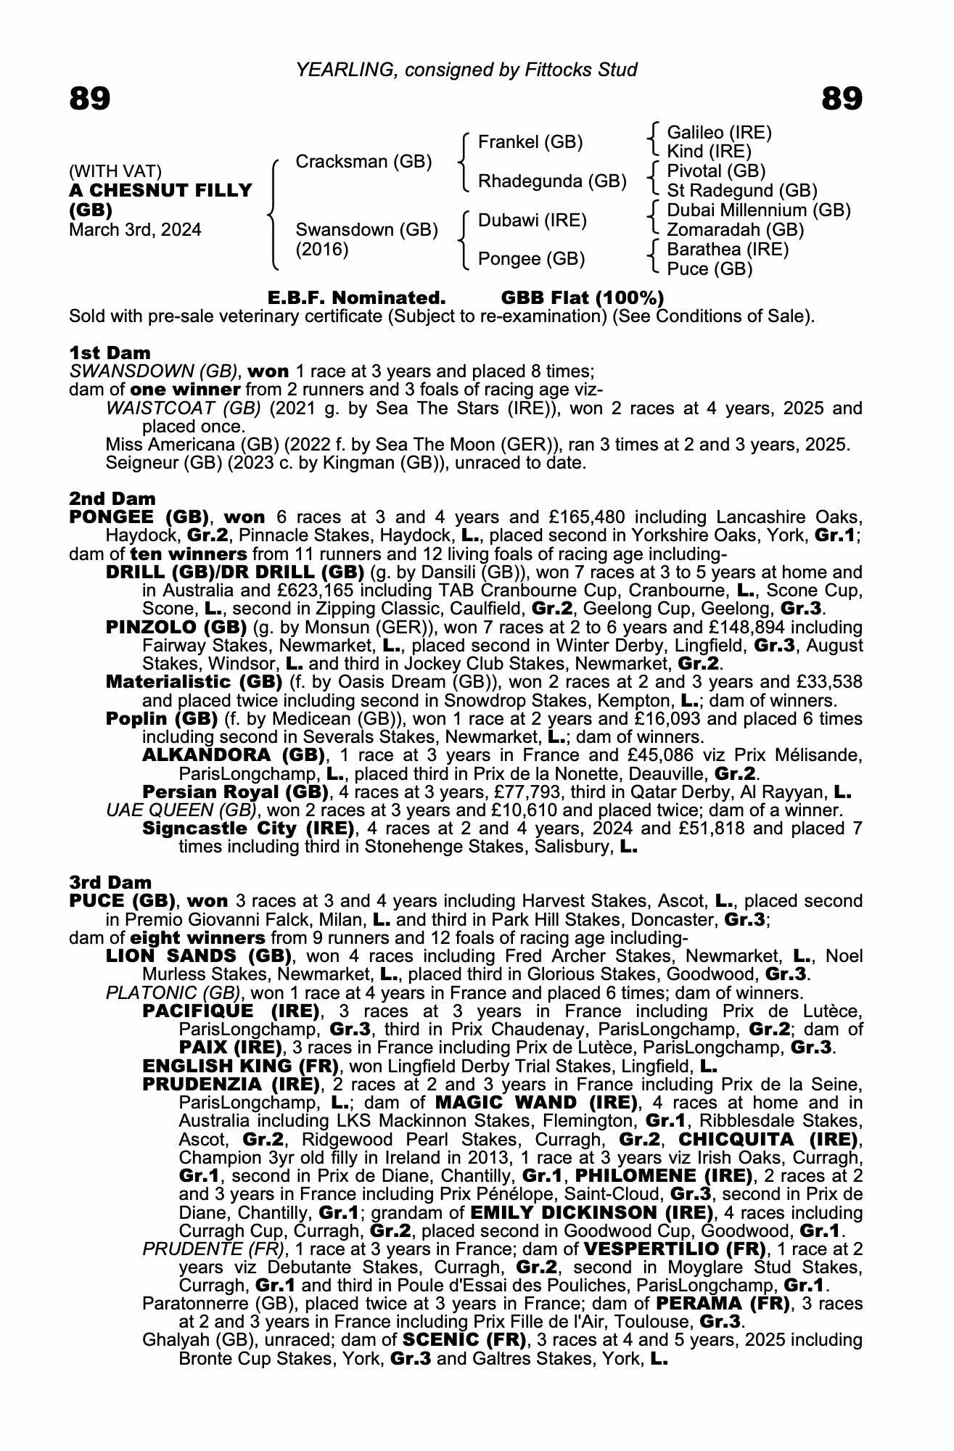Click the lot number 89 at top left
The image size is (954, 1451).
click(x=90, y=98)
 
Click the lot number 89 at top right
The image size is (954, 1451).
click(x=842, y=98)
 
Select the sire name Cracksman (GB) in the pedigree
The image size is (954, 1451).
click(x=363, y=161)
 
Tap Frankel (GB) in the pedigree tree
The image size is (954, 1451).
click(x=530, y=142)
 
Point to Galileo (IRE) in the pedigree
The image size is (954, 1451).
click(x=718, y=133)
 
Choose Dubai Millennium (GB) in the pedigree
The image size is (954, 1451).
click(x=758, y=210)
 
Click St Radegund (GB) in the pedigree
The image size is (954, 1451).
click(x=741, y=191)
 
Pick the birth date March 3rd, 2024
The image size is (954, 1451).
click(x=135, y=230)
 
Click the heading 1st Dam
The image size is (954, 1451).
click(x=110, y=353)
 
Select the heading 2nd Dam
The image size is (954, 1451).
click(x=112, y=498)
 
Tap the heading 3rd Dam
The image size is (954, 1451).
click(x=110, y=882)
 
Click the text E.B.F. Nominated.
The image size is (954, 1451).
click(x=356, y=298)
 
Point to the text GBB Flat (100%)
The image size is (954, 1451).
click(x=582, y=298)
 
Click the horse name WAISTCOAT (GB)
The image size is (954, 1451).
click(x=184, y=408)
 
